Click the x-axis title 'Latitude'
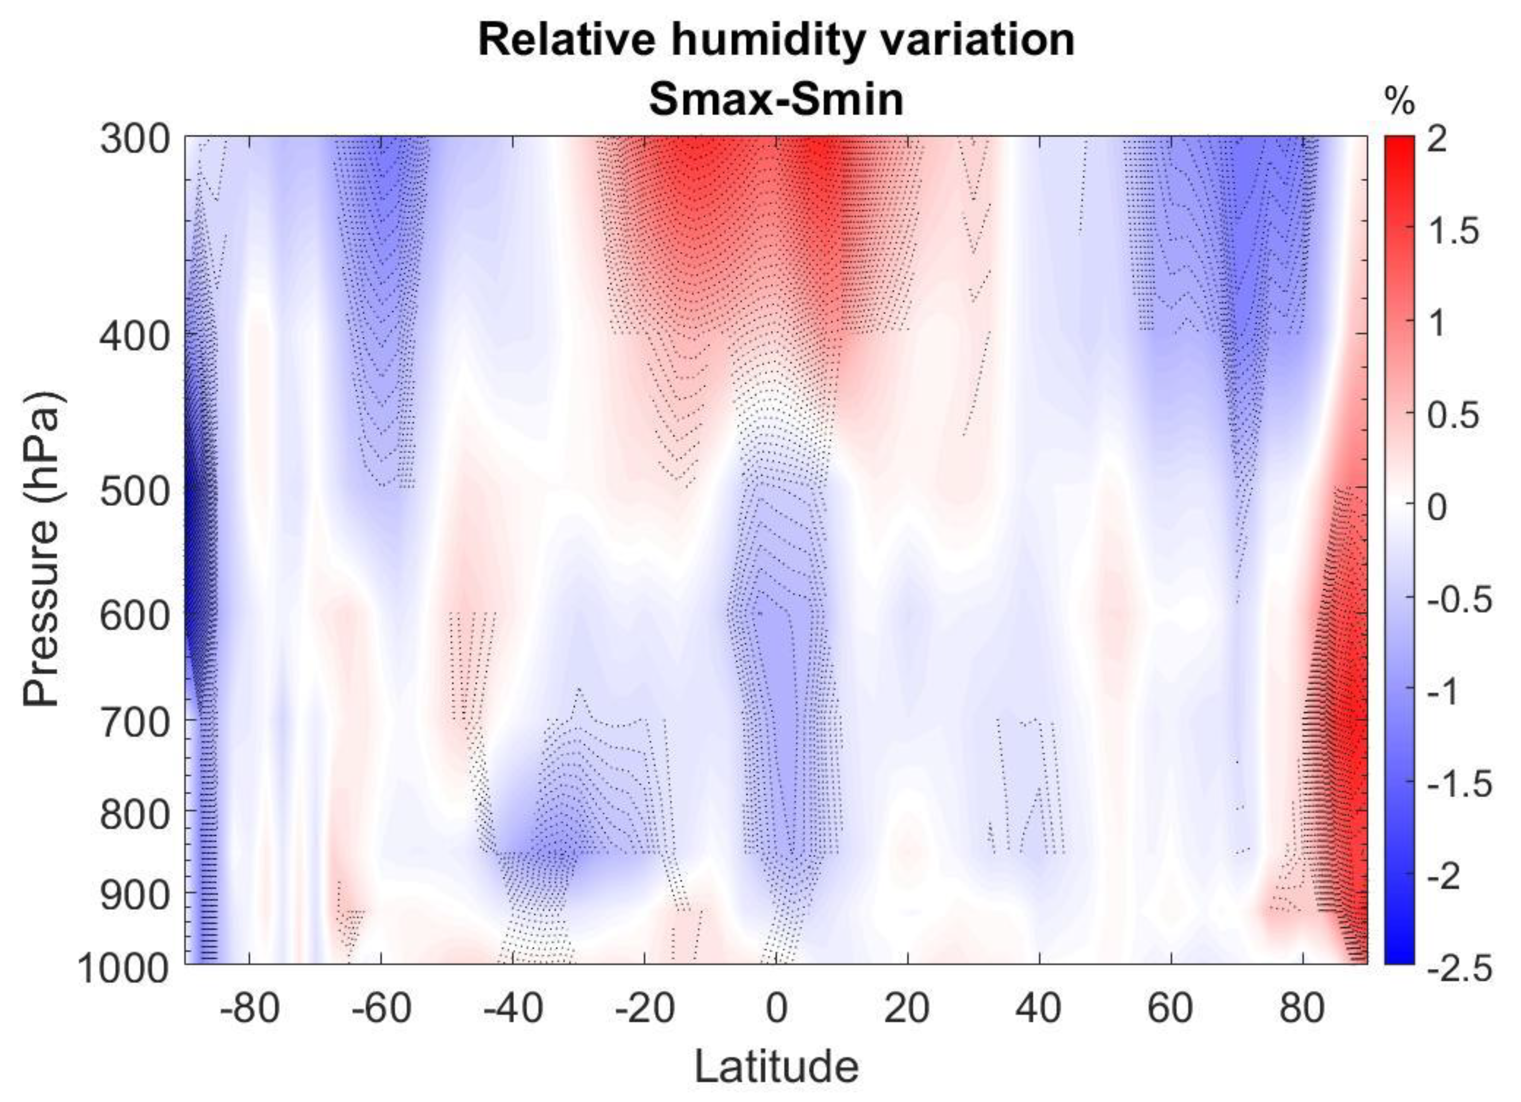(776, 1066)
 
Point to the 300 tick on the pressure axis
(135, 139)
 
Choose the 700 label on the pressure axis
(135, 723)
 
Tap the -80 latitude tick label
(250, 1007)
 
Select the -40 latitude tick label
(513, 1007)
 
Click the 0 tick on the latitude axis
(776, 1007)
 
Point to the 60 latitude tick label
(1171, 1007)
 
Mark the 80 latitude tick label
(1302, 1007)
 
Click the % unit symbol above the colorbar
(1400, 102)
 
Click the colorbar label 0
(1437, 507)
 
